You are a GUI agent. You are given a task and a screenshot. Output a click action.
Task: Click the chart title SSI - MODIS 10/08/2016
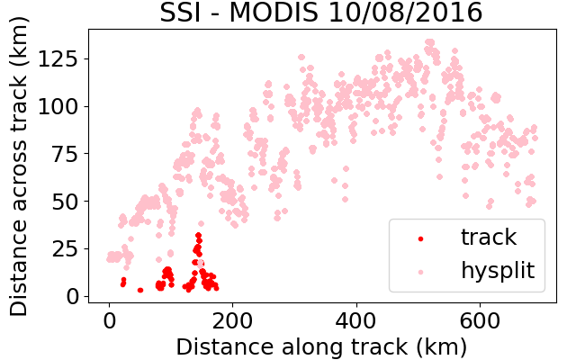click(321, 13)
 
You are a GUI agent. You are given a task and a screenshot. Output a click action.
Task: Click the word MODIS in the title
click(274, 13)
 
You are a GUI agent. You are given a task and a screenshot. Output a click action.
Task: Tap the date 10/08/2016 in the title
click(406, 13)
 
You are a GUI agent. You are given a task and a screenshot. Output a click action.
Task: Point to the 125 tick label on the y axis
click(58, 58)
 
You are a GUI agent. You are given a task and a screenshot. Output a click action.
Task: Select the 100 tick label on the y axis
click(58, 106)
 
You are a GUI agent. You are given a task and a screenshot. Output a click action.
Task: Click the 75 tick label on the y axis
click(65, 154)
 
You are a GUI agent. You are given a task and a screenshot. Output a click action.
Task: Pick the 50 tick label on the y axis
click(65, 202)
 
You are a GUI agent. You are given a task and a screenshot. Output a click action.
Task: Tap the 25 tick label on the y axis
click(65, 248)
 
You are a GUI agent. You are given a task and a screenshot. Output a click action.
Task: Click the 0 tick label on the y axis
click(72, 297)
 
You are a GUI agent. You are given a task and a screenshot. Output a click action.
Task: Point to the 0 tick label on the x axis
click(109, 320)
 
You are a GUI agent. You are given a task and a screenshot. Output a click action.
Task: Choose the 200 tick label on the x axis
click(232, 320)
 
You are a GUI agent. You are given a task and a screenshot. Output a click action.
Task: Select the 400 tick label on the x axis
click(356, 320)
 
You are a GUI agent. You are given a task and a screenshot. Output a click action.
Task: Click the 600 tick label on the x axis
click(480, 320)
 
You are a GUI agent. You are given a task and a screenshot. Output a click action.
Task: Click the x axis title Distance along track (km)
click(321, 346)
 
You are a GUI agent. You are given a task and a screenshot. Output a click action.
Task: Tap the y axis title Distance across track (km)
click(19, 166)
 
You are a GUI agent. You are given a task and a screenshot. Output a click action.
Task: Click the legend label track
click(489, 237)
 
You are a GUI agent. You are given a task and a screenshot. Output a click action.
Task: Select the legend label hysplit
click(498, 271)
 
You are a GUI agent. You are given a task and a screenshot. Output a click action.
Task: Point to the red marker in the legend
click(421, 238)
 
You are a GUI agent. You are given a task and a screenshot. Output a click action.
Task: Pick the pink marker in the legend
click(421, 273)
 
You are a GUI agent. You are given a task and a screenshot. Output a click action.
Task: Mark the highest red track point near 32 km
click(199, 236)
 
